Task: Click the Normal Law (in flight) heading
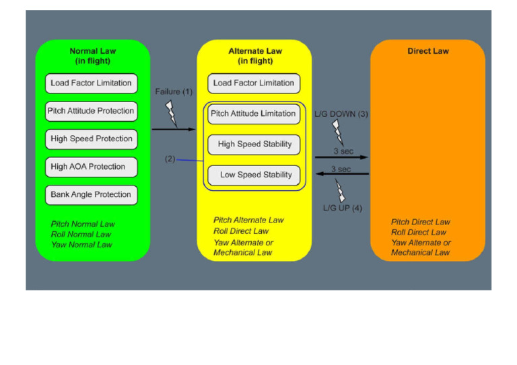[x=93, y=56]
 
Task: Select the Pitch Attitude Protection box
[x=92, y=111]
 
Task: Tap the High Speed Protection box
[x=92, y=139]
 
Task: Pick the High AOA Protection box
[x=92, y=167]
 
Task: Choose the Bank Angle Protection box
[x=92, y=195]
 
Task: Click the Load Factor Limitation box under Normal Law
[x=92, y=83]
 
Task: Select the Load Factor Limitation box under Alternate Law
[x=254, y=83]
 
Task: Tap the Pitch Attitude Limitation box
[x=254, y=114]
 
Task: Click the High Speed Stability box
[x=254, y=145]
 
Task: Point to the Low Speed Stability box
[x=254, y=175]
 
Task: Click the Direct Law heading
[x=428, y=51]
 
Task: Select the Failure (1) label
[x=174, y=91]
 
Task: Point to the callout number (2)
[x=170, y=159]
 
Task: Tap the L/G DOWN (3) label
[x=341, y=114]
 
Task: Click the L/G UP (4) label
[x=343, y=208]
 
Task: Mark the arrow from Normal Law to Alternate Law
[x=174, y=129]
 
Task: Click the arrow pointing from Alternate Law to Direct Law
[x=341, y=157]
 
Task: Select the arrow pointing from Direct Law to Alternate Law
[x=342, y=173]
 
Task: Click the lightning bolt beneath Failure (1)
[x=171, y=114]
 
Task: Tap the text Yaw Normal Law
[x=81, y=245]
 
